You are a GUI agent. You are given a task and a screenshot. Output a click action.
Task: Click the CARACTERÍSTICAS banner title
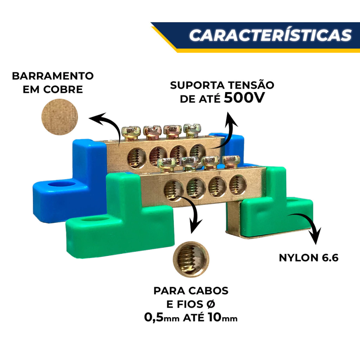coord(270,35)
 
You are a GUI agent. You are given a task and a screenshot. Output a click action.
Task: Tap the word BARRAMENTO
coord(53,76)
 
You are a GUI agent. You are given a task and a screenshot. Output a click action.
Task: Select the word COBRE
coord(64,89)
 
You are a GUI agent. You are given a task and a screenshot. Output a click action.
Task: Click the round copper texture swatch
coord(59,117)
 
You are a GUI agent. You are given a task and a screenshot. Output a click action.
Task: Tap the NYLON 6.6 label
coord(308,258)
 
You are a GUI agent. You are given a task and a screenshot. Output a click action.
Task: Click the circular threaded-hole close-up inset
coord(191,258)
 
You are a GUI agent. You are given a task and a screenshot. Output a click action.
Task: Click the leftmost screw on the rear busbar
coord(130,132)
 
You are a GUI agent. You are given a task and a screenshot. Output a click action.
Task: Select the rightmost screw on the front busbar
coord(231,161)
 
